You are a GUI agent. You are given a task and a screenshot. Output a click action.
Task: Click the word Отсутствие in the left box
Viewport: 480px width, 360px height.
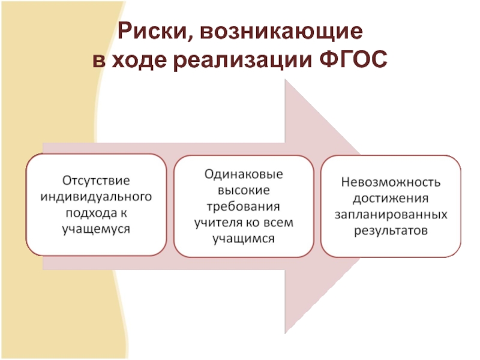pyautogui.click(x=96, y=179)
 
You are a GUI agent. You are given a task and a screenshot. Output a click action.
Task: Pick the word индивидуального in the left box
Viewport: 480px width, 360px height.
pyautogui.click(x=96, y=196)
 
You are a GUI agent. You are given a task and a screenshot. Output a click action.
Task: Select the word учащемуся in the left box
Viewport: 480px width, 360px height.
pyautogui.click(x=96, y=229)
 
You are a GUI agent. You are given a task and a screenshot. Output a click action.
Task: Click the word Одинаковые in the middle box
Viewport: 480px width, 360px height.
pyautogui.click(x=243, y=173)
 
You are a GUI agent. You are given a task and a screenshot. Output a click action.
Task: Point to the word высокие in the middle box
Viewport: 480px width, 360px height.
pyautogui.click(x=243, y=190)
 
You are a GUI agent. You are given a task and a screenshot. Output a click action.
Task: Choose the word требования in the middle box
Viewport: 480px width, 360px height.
pyautogui.click(x=243, y=206)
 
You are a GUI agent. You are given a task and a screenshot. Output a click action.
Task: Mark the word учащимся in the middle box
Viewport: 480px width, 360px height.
pyautogui.click(x=243, y=239)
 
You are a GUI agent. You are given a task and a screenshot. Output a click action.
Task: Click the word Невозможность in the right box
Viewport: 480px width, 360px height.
pyautogui.click(x=391, y=181)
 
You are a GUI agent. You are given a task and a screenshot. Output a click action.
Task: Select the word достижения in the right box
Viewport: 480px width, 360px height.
pyautogui.click(x=391, y=197)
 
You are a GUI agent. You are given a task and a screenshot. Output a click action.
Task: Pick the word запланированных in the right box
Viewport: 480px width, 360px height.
pyautogui.click(x=391, y=214)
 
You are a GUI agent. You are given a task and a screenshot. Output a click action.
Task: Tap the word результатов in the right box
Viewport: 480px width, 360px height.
pyautogui.click(x=391, y=230)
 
